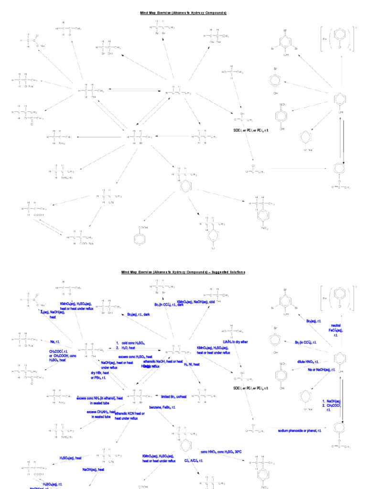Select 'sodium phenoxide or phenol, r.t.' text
click(300, 430)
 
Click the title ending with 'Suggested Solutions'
click(183, 272)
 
